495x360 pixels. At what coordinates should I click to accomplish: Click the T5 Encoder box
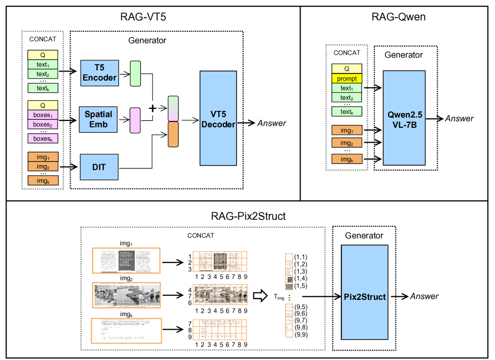(x=99, y=73)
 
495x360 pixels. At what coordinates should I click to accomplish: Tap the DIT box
(x=99, y=167)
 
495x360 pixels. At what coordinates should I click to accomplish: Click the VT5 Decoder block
(x=218, y=118)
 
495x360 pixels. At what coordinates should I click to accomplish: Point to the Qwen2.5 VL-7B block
(x=404, y=118)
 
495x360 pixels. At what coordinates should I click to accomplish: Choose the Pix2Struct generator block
(x=365, y=296)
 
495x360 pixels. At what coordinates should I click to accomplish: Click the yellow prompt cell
(x=347, y=79)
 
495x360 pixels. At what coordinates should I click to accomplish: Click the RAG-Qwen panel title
(x=398, y=17)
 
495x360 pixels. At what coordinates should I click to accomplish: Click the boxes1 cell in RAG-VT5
(x=43, y=115)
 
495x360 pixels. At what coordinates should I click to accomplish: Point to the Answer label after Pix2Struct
(x=424, y=296)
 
